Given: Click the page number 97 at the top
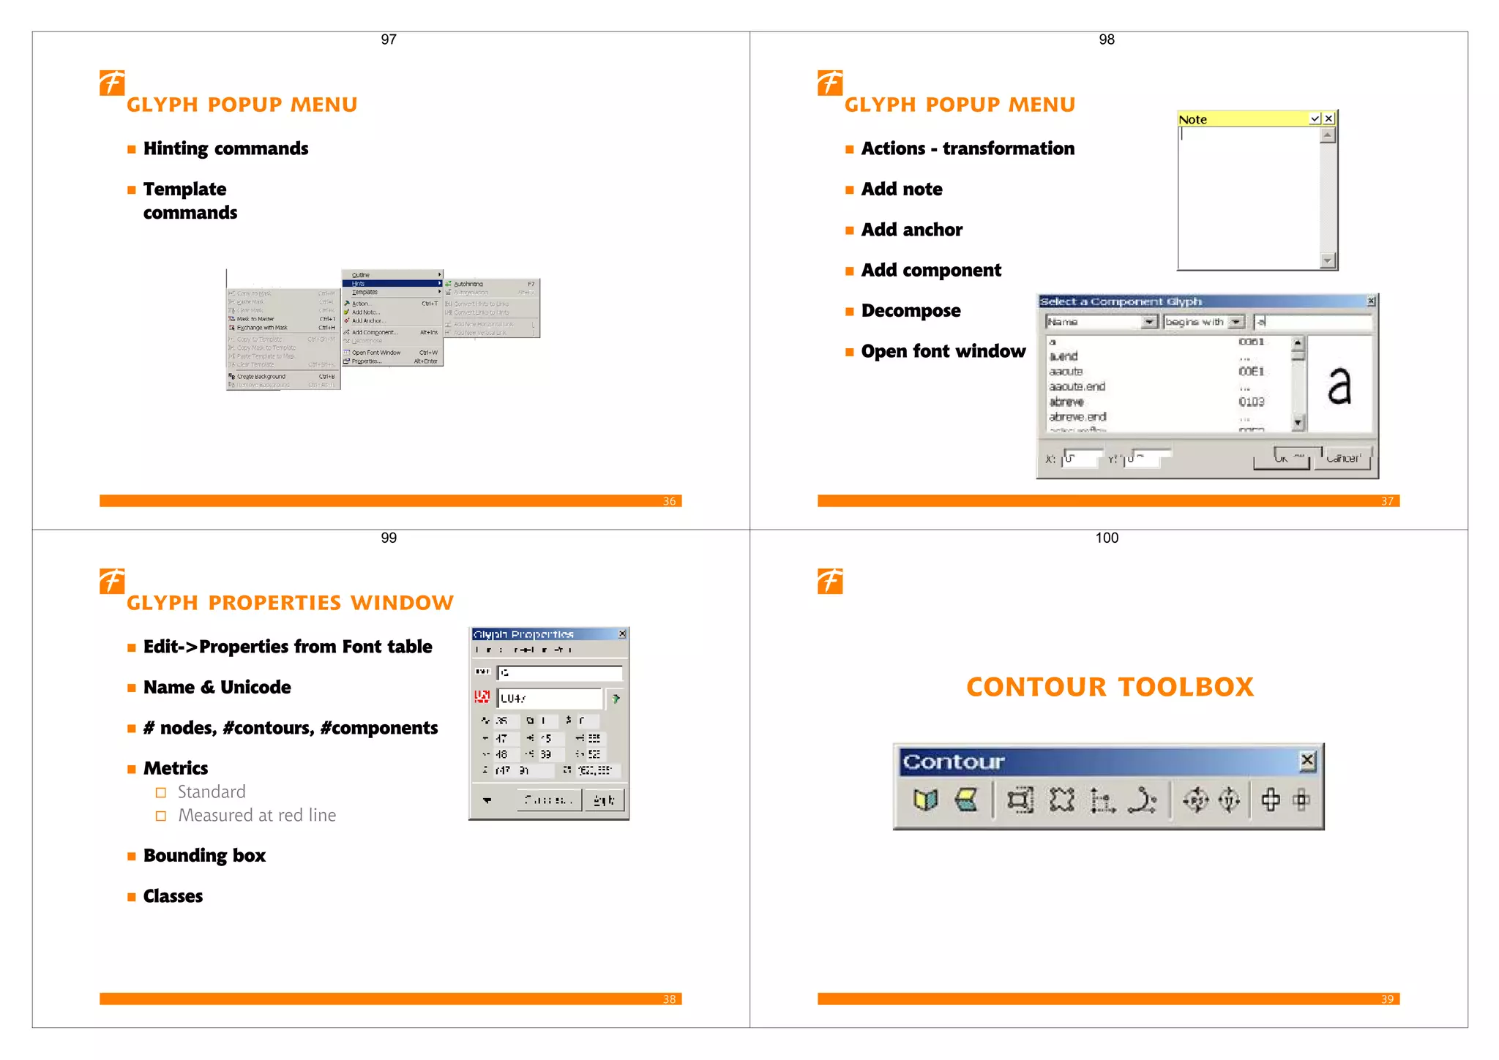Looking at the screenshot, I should tap(389, 40).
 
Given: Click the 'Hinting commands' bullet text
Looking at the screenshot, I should tap(225, 149).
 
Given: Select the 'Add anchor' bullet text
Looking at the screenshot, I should tap(911, 230).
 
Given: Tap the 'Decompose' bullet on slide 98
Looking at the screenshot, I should tap(911, 311).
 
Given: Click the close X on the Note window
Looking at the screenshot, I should tap(1329, 119).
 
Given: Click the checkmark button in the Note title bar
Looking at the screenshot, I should tap(1315, 119).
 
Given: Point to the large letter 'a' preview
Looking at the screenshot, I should tap(1339, 386).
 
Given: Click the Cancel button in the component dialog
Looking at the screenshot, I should tap(1342, 459).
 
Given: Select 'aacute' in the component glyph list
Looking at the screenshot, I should tap(1066, 372).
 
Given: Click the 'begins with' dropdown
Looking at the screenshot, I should tap(1203, 322).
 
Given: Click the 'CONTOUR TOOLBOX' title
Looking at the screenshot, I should tap(1110, 687).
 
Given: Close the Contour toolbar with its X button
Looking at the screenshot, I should tap(1307, 761).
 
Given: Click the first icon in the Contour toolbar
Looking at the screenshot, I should tap(925, 800).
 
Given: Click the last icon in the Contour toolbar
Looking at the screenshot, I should tap(1301, 800).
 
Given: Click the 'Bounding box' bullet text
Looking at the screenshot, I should tap(204, 856).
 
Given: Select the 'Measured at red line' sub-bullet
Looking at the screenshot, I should tap(257, 816).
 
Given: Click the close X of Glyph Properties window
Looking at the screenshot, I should tap(622, 634).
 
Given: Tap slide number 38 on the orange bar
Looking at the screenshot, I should tap(669, 999).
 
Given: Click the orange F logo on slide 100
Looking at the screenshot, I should tap(830, 582).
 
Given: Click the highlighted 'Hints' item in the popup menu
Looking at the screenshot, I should tap(359, 284).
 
